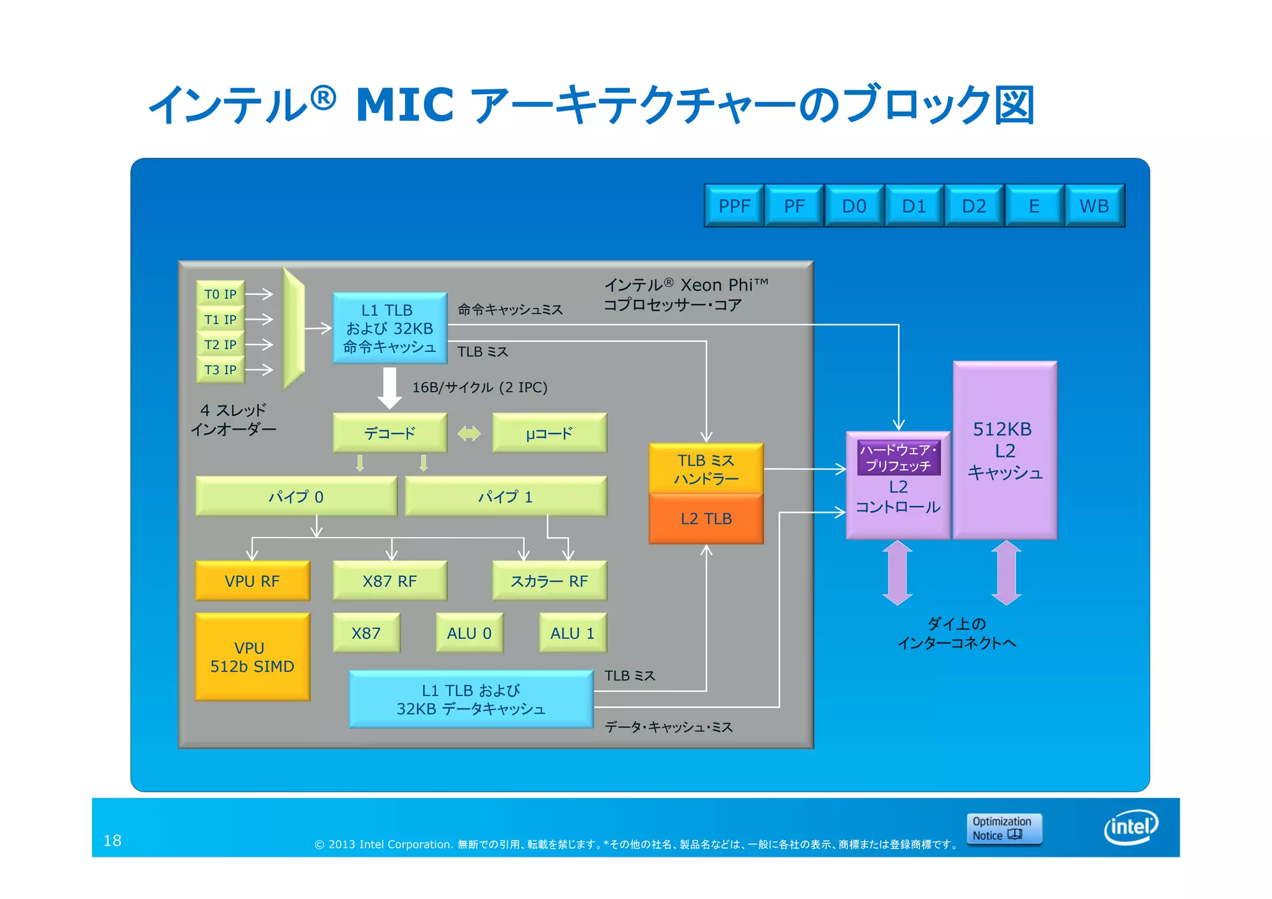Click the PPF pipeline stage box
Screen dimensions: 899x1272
tap(734, 206)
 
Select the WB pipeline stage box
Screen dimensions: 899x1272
tap(1094, 206)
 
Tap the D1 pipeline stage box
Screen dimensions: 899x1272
tap(914, 206)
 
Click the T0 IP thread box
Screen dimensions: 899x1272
tap(220, 294)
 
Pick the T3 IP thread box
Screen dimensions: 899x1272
tap(220, 370)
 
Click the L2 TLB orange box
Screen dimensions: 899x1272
tap(706, 519)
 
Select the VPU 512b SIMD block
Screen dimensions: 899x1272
tap(252, 657)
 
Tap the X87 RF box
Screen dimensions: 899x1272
tap(389, 581)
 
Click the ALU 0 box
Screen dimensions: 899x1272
tap(469, 633)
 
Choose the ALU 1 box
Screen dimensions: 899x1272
tap(573, 633)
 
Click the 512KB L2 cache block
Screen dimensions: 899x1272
tap(1005, 450)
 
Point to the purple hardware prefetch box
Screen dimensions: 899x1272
tap(899, 458)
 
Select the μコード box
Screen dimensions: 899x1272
tap(549, 433)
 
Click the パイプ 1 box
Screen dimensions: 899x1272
tap(506, 497)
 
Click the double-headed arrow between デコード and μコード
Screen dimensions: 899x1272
tap(469, 433)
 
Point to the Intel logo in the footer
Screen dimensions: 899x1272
tap(1132, 827)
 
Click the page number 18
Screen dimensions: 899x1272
tap(112, 841)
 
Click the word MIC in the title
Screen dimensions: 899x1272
tap(405, 104)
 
